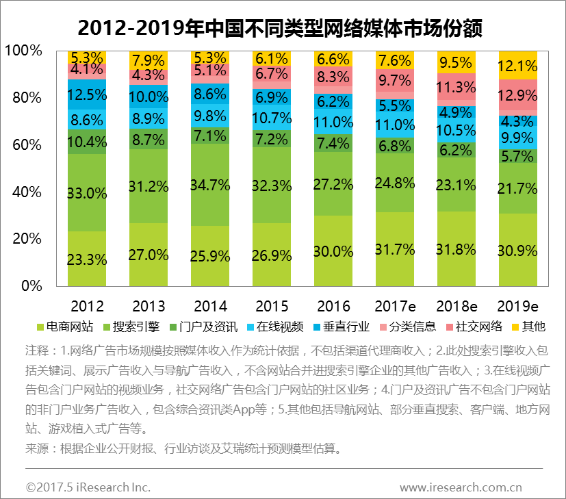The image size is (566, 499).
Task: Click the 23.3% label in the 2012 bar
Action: point(87,259)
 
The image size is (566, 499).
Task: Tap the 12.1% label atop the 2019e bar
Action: point(518,66)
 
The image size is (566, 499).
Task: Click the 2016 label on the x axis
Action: point(333,306)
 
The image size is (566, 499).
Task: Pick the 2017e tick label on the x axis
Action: point(395,306)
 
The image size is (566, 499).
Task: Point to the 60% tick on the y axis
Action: point(27,144)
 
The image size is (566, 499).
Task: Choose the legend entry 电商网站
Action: point(64,326)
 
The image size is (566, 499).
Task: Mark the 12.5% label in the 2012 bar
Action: point(87,94)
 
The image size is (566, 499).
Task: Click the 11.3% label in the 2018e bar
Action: point(456,87)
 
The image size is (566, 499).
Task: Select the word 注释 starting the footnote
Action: point(38,351)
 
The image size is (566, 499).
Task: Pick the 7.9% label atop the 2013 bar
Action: point(149,60)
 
